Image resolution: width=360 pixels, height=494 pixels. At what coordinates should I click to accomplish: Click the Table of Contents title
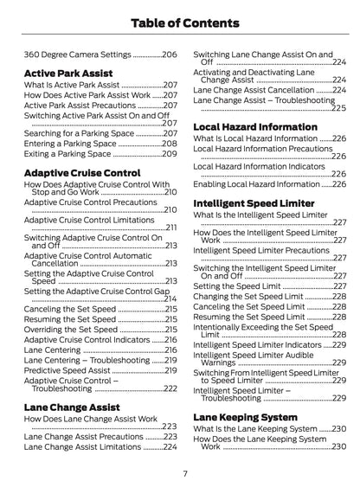pyautogui.click(x=180, y=21)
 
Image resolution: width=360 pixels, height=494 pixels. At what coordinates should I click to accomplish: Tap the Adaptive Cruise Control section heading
pyautogui.click(x=83, y=172)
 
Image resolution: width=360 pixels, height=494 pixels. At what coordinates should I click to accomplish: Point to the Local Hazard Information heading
pyautogui.click(x=255, y=125)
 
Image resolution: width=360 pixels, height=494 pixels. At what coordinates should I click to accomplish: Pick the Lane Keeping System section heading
pyautogui.click(x=247, y=417)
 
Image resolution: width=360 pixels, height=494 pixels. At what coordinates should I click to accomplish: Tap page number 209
pyautogui.click(x=170, y=153)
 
